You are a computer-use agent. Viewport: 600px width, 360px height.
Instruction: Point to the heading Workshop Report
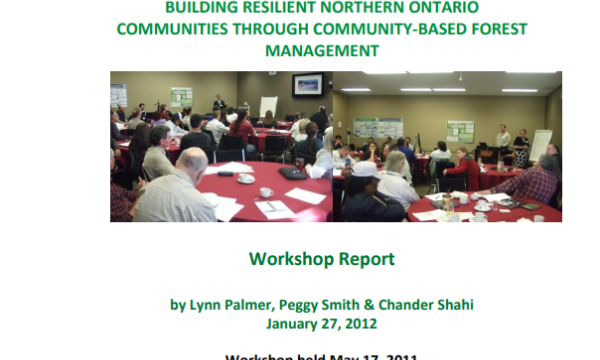tap(322, 259)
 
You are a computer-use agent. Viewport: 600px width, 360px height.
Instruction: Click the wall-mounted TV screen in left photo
tap(307, 86)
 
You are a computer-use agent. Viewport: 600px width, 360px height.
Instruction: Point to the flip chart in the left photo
tap(268, 106)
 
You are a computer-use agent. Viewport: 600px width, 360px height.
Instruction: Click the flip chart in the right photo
tap(539, 144)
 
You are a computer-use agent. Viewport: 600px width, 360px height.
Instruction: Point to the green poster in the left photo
tap(181, 97)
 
